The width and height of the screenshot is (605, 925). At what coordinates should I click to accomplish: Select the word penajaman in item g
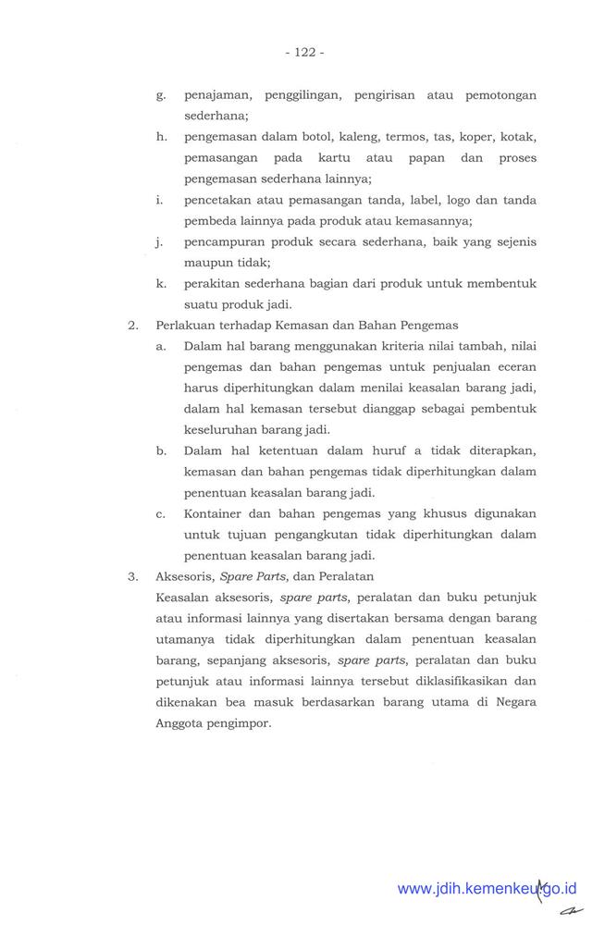pos(216,95)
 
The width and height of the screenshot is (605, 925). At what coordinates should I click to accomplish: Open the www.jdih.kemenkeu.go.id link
pos(487,888)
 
